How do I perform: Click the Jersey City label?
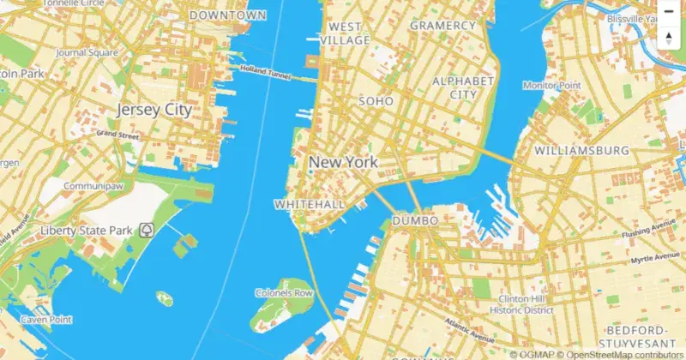pos(153,110)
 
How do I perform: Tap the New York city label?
pos(343,162)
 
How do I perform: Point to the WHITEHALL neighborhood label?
pos(309,204)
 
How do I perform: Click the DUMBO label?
pos(415,221)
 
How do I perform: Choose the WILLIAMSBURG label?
pos(581,150)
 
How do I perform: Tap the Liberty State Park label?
pos(86,231)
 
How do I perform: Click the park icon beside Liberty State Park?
pos(147,230)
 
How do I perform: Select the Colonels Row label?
pos(284,293)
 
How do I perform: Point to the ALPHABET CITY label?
pos(464,87)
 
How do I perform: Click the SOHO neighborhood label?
pos(376,101)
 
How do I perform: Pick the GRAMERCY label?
pos(442,26)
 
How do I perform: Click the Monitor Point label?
pos(551,86)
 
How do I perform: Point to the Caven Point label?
pos(45,320)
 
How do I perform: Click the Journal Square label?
pos(86,52)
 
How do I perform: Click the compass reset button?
pos(669,37)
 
